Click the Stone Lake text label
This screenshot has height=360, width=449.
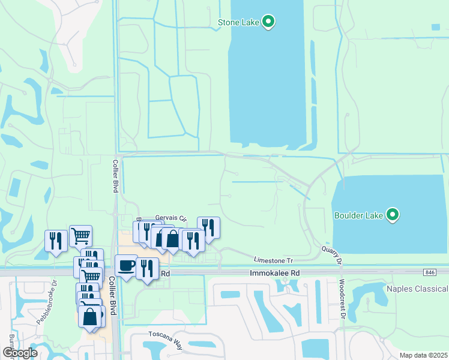pos(238,23)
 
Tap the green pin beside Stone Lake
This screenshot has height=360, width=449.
pos(269,22)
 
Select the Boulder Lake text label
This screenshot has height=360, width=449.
pos(359,214)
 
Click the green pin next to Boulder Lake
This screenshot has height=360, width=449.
pos(393,214)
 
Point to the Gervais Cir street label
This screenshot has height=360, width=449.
pos(171,218)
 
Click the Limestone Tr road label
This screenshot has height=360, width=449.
pos(273,260)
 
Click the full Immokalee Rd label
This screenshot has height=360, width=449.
pos(274,272)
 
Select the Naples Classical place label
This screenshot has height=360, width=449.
pos(417,289)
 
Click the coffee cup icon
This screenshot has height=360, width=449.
pos(126,265)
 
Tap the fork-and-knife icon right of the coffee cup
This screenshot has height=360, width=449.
pos(147,268)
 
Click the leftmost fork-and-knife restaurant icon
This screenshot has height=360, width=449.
pos(56,240)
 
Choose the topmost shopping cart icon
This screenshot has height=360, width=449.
pos(80,235)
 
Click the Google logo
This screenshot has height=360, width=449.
pos(19,352)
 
